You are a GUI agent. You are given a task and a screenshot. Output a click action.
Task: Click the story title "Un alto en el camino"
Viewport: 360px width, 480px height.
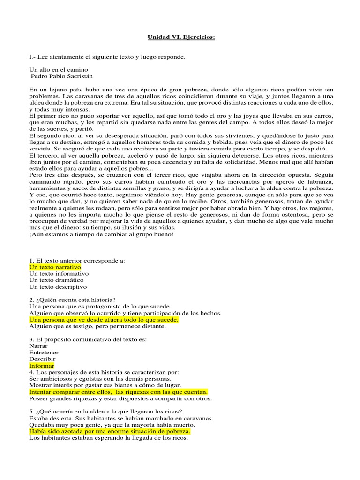(59, 69)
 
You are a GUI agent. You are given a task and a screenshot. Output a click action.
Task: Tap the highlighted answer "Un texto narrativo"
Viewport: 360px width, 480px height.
(55, 267)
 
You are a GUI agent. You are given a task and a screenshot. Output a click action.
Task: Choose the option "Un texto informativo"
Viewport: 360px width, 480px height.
(59, 273)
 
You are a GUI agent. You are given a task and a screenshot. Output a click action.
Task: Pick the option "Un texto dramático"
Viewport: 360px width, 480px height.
(56, 280)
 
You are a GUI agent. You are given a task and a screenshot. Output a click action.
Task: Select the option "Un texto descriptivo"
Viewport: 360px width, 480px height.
(58, 286)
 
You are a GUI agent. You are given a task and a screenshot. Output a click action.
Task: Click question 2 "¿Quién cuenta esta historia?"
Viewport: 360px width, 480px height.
(72, 300)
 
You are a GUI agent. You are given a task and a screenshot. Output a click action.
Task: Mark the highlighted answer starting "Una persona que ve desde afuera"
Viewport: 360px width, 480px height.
(104, 319)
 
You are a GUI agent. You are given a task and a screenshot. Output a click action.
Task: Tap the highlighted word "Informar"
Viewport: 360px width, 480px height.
(42, 365)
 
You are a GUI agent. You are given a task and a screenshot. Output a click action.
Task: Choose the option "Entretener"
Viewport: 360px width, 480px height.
(44, 352)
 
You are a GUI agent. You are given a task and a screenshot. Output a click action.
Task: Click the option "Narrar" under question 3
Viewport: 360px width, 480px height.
(38, 345)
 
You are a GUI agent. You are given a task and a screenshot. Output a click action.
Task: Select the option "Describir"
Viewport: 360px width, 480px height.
(42, 359)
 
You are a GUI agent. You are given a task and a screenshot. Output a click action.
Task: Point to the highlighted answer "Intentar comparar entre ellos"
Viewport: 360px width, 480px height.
(118, 391)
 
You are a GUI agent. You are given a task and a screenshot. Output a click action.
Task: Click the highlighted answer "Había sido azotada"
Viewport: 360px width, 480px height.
(110, 431)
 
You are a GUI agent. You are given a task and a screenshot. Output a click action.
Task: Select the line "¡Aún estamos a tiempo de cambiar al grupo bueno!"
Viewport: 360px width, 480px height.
(101, 234)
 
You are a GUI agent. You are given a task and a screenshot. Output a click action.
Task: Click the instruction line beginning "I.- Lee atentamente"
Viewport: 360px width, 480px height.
(107, 57)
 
